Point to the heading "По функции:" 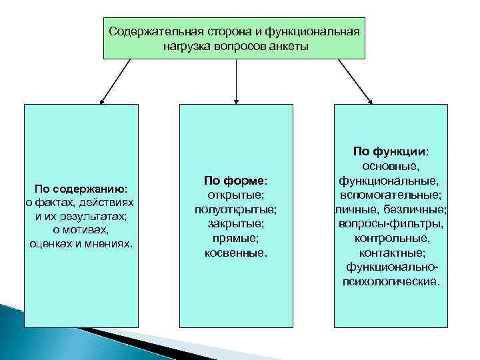[391, 151]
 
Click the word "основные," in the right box [391, 166]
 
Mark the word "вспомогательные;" [391, 195]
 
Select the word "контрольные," [391, 238]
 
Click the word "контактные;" [391, 253]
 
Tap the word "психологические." [391, 281]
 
